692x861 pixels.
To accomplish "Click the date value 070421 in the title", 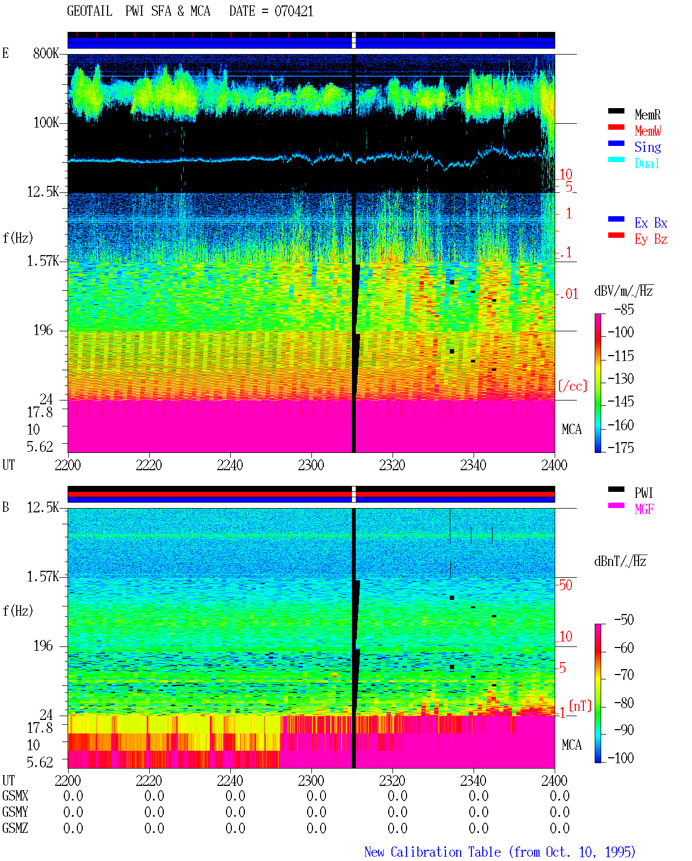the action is point(294,11).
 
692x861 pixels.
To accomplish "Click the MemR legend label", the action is point(648,115).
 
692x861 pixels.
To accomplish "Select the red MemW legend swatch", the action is point(616,127).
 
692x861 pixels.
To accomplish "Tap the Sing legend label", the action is point(648,147).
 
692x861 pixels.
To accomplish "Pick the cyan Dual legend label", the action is point(647,163).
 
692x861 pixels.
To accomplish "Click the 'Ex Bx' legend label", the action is point(651,223).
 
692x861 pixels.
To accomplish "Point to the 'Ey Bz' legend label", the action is point(651,239).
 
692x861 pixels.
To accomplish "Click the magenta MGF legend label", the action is point(644,509).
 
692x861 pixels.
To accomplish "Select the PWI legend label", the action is point(644,492).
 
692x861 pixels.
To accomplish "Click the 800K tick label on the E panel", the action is point(46,53).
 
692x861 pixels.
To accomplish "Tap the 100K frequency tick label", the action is point(46,123).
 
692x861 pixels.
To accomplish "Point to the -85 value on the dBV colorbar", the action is point(624,309).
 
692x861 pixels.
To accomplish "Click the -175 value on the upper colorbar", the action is point(621,448).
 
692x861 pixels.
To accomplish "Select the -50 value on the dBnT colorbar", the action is point(624,619).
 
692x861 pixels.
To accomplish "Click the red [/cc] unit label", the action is point(573,386).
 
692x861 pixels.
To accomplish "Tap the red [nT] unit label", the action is point(580,706).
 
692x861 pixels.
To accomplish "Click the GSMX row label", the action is point(15,796).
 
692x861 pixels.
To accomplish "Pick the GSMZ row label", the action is point(15,828).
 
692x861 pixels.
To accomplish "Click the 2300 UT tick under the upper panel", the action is point(311,465).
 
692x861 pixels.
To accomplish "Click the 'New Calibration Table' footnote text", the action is point(432,852).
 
